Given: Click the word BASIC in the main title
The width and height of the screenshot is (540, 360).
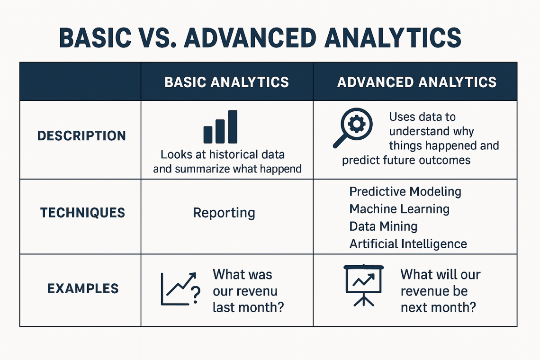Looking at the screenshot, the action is tap(95, 37).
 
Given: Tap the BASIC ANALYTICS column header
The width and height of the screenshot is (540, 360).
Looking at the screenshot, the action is tap(226, 82).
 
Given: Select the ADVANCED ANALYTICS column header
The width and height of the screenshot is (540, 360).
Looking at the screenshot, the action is tap(417, 82).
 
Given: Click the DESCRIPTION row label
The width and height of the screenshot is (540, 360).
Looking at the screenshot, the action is tap(81, 136).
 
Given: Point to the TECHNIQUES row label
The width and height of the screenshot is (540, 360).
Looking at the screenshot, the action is tap(82, 213).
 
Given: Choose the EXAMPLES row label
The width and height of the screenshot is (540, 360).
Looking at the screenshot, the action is tap(83, 288).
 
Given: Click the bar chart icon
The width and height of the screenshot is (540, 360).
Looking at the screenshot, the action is tap(220, 127).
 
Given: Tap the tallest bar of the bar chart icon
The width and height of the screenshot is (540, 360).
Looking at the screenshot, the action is tap(233, 127).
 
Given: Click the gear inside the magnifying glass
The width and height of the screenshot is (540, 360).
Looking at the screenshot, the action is tap(356, 124).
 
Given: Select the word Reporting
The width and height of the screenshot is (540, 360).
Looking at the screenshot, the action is tap(224, 213).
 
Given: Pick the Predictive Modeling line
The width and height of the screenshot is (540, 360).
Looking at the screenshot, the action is tap(405, 191).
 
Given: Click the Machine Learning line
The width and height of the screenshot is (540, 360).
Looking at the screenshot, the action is tap(399, 209).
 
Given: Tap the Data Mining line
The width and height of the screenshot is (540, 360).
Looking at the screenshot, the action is tap(383, 226).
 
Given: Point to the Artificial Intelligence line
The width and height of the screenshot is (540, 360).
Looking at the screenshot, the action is tap(408, 244).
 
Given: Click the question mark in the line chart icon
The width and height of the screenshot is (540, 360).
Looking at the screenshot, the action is tap(195, 295).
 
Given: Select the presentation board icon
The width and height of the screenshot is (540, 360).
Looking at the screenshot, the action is tap(364, 286).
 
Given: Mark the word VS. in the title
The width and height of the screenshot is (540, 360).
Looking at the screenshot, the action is tap(157, 37).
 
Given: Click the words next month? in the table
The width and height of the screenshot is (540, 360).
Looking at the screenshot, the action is tap(438, 307).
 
